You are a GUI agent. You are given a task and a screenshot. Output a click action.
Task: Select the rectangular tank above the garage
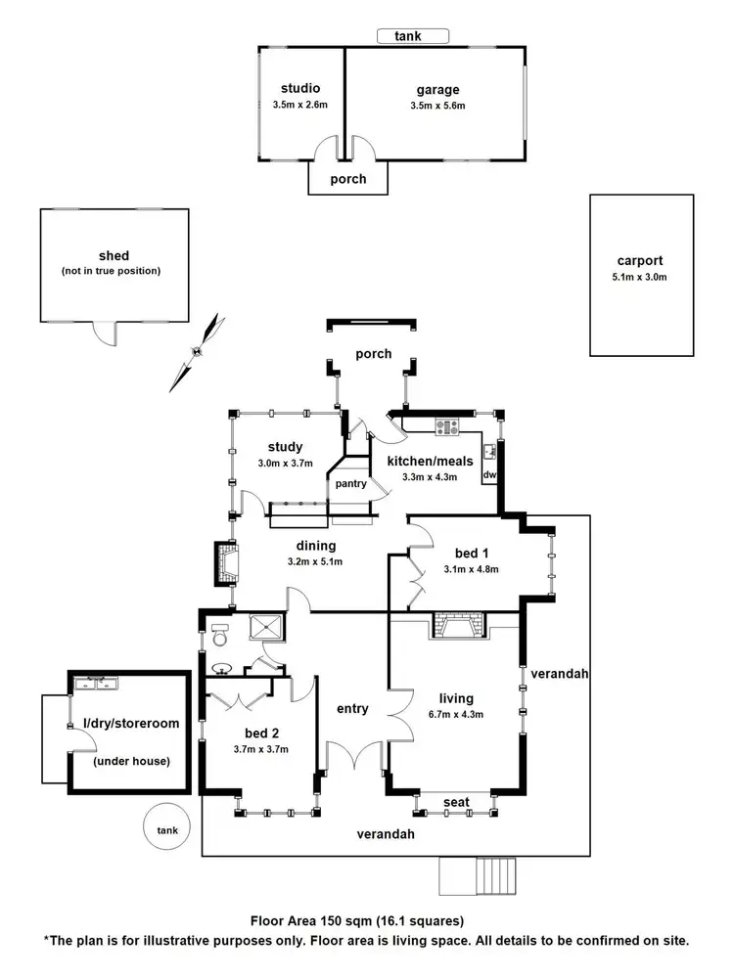pos(413,36)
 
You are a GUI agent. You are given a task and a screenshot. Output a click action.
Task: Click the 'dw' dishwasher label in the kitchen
pos(489,475)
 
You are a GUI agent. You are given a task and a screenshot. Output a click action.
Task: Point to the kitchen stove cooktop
pos(447,425)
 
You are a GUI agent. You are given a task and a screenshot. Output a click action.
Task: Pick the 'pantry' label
pos(349,483)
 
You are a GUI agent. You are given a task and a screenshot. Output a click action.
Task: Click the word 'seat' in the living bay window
pos(455,802)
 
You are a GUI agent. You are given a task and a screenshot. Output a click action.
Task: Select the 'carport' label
pos(640,261)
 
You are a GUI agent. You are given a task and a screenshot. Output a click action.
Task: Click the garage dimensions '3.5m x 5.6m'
pos(436,106)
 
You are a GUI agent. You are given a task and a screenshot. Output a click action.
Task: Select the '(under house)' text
pos(130,761)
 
